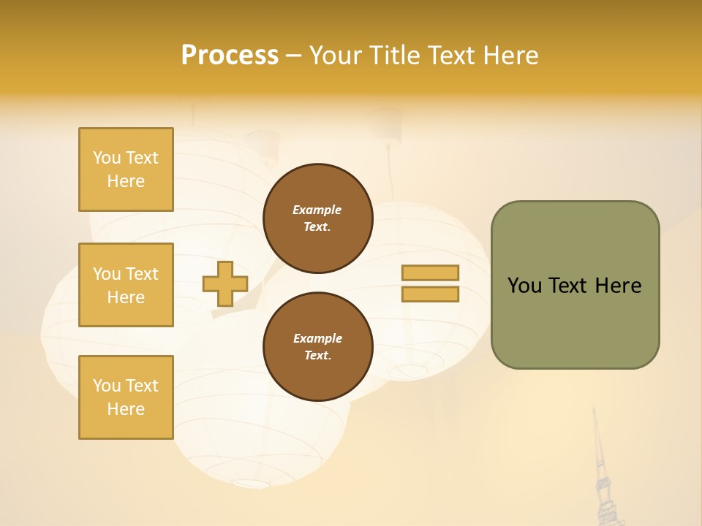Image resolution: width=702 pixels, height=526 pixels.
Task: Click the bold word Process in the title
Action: tap(230, 56)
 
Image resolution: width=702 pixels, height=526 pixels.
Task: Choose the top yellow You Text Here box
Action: tap(126, 169)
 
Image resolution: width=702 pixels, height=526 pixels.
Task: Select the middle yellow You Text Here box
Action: tap(126, 285)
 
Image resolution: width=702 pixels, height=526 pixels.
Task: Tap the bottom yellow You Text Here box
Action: tap(126, 397)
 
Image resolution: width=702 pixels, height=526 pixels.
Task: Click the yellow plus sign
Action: tap(225, 283)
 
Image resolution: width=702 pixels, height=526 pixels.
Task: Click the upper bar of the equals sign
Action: tap(430, 272)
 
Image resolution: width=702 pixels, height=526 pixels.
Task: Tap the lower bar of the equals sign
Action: tap(430, 294)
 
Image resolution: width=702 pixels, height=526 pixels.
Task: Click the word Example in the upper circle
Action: tap(317, 210)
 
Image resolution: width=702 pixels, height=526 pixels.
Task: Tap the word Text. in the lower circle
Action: tap(317, 355)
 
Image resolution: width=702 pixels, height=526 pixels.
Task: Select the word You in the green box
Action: tap(525, 286)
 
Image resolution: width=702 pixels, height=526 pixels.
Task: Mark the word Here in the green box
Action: tap(618, 286)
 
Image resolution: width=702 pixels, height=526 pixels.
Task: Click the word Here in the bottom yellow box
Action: tap(126, 409)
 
